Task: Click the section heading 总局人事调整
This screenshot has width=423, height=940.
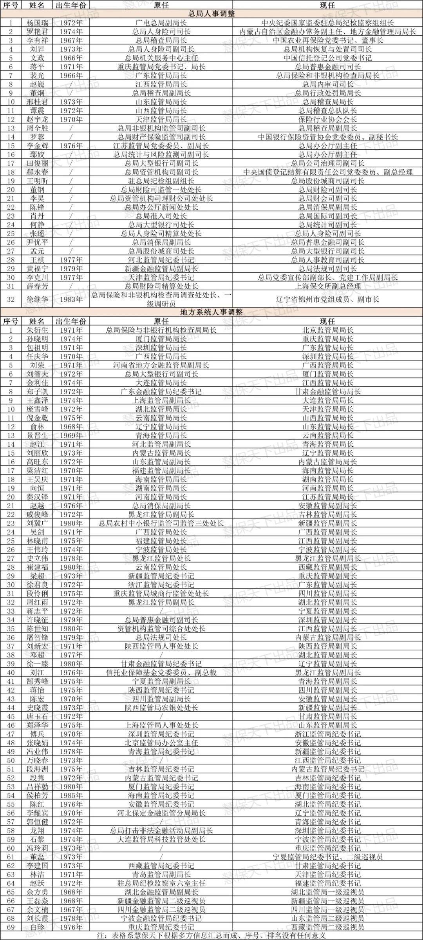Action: click(211, 14)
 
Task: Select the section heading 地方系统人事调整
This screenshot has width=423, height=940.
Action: click(211, 312)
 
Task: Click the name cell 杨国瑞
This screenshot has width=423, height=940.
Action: click(37, 23)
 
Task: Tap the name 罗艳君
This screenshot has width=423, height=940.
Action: click(37, 32)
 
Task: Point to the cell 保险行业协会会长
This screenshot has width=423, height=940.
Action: click(327, 120)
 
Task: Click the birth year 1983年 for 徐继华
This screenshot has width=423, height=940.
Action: click(71, 299)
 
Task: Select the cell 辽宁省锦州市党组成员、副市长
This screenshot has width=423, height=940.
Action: click(327, 299)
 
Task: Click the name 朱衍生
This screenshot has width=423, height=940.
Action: click(37, 330)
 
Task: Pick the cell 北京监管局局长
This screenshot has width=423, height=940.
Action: click(327, 330)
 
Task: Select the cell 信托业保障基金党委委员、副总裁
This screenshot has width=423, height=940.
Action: click(161, 672)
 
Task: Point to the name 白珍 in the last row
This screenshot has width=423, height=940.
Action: click(37, 927)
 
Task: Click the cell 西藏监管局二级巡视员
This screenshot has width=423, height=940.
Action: click(327, 927)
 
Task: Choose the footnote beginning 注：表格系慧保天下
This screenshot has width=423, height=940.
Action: click(211, 936)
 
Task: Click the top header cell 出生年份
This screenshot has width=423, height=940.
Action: click(71, 5)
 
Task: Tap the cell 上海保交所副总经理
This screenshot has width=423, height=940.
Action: click(327, 286)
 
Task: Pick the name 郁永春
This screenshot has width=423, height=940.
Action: click(37, 172)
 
